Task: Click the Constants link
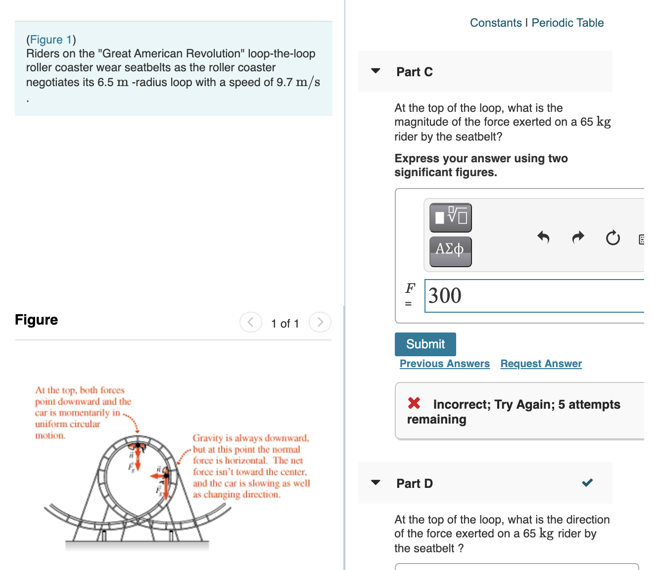pos(495,23)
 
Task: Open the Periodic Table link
pos(567,23)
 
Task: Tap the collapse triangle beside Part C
pos(376,71)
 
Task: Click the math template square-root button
pos(450,217)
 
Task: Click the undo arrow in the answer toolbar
pos(543,237)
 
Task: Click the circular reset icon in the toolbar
pos(612,238)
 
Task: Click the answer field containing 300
pos(534,296)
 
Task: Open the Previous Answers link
pos(444,364)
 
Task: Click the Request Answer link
pos(541,364)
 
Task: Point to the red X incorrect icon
pos(414,403)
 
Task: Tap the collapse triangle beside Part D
pos(376,482)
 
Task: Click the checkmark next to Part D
pos(587,482)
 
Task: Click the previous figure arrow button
pos(251,323)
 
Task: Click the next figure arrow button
pos(320,323)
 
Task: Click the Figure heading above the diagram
pos(37,320)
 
